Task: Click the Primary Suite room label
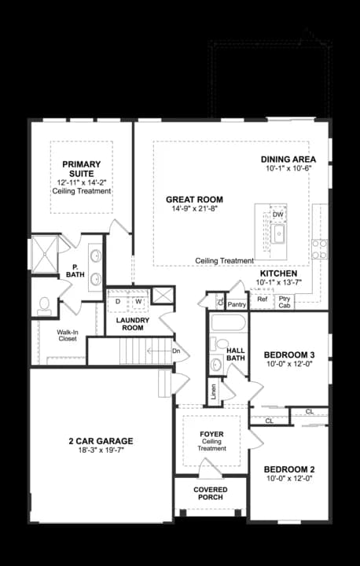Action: pos(82,169)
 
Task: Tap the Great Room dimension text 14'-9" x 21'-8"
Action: pos(194,208)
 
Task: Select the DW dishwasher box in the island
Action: pos(278,215)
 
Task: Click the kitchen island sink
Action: pos(278,234)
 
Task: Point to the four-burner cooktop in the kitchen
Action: pos(320,249)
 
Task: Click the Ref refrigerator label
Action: pos(263,299)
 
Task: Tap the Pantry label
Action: pos(237,305)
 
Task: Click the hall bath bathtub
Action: pos(229,323)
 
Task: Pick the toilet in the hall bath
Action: pos(219,344)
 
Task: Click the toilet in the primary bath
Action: pos(45,306)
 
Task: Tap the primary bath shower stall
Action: pos(45,254)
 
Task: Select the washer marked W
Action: pos(138,301)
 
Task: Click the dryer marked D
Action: pos(117,301)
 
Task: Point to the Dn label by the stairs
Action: pos(176,351)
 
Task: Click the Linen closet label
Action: pos(214,389)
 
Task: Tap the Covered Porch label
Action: pos(211,493)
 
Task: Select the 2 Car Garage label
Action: pos(101,441)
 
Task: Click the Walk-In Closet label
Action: pos(67,336)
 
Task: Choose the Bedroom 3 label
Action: pos(289,354)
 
